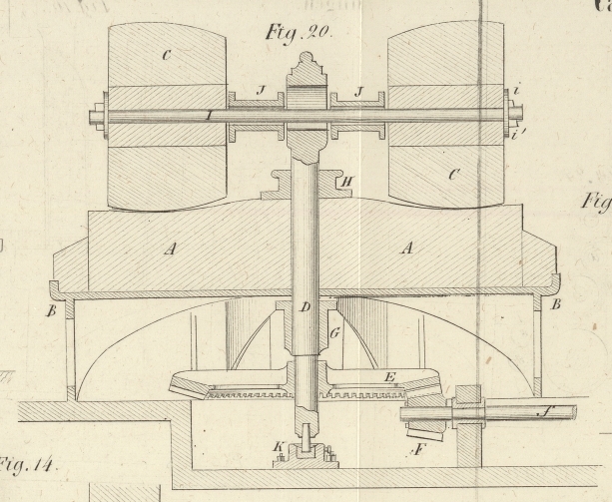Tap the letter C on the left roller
[x=165, y=55]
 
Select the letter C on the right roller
[x=427, y=176]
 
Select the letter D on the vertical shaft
[x=306, y=308]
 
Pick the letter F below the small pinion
[x=421, y=451]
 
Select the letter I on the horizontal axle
[x=206, y=116]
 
